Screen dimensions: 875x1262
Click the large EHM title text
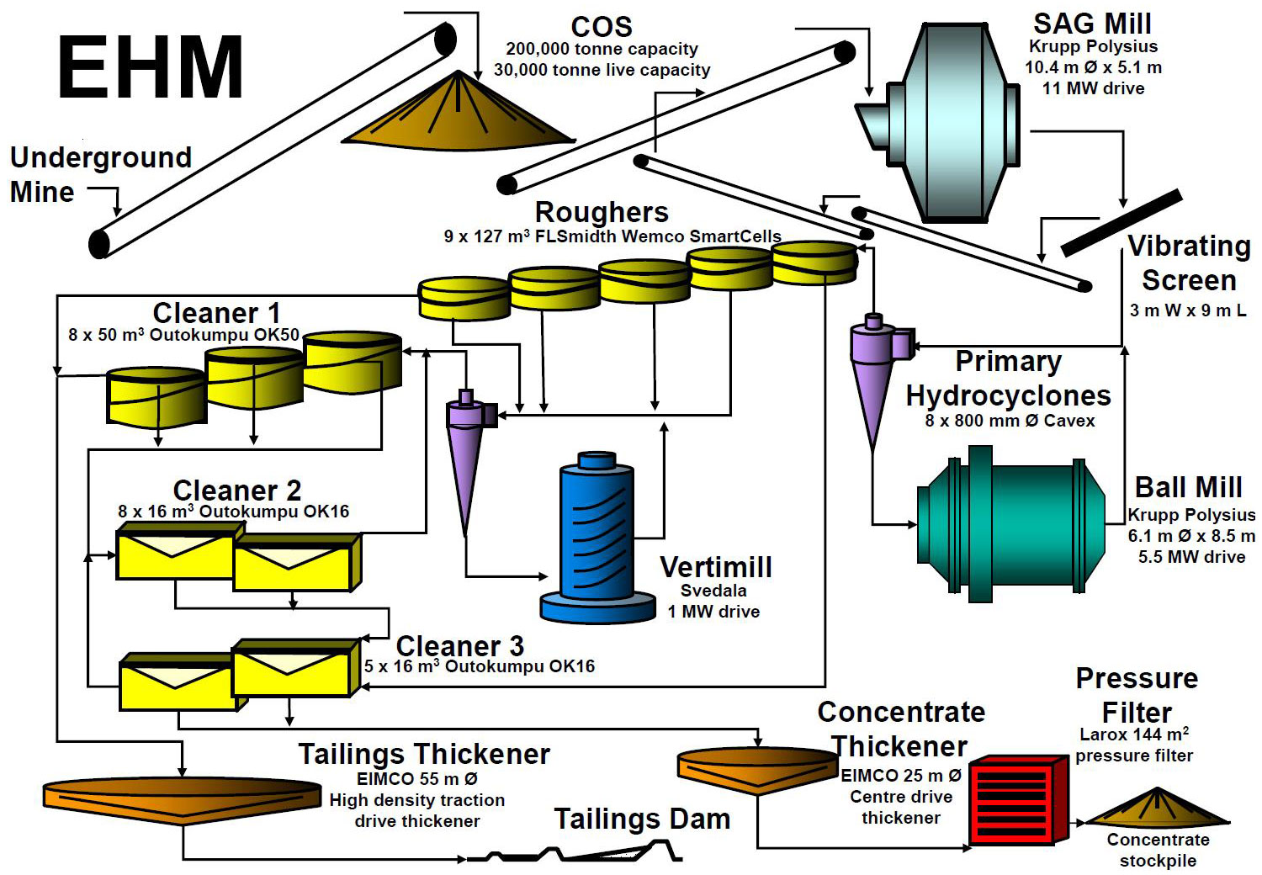(x=150, y=67)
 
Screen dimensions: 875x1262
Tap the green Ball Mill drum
(x=1010, y=526)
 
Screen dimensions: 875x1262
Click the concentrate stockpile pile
(x=1157, y=809)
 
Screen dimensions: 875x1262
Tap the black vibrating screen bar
(x=1121, y=223)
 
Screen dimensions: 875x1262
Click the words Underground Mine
(x=100, y=174)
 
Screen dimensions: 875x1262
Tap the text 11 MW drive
(x=1093, y=88)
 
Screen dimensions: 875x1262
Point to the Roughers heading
(x=602, y=212)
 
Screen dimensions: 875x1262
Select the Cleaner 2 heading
(x=236, y=490)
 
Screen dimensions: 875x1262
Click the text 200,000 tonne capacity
(x=602, y=49)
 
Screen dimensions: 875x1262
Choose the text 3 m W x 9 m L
(x=1187, y=310)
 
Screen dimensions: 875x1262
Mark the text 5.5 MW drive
(x=1191, y=556)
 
